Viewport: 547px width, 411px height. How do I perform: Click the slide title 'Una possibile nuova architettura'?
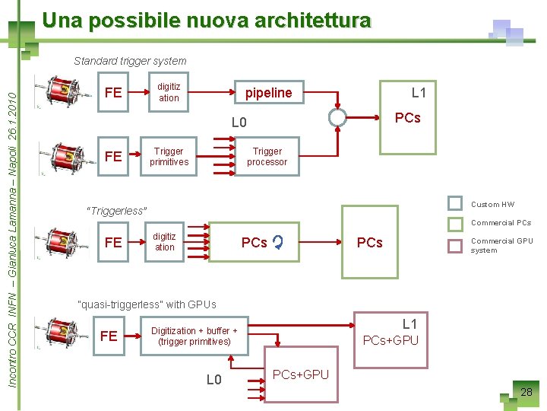pos(207,21)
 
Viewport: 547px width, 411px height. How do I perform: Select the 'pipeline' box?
pos(268,92)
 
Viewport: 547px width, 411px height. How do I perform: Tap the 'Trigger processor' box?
pos(267,157)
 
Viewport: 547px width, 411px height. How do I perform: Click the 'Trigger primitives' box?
pos(169,157)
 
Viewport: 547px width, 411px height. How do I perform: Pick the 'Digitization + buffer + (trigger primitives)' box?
pos(194,336)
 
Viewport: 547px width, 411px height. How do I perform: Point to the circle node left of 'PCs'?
pos(338,117)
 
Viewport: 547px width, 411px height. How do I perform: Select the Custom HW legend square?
pos(455,203)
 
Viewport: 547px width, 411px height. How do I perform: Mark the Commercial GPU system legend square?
pos(455,245)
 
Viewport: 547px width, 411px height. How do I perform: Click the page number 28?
pos(526,393)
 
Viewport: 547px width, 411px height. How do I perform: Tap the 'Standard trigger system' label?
pos(130,61)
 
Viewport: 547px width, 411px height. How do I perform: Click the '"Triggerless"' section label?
pos(117,211)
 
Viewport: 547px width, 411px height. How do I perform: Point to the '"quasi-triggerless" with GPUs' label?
pos(147,304)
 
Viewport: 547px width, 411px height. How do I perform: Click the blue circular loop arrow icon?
pos(278,243)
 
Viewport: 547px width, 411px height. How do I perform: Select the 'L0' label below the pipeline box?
pos(239,123)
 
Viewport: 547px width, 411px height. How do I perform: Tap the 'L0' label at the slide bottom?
pos(214,379)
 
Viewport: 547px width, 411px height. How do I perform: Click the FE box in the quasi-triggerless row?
pos(109,336)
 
